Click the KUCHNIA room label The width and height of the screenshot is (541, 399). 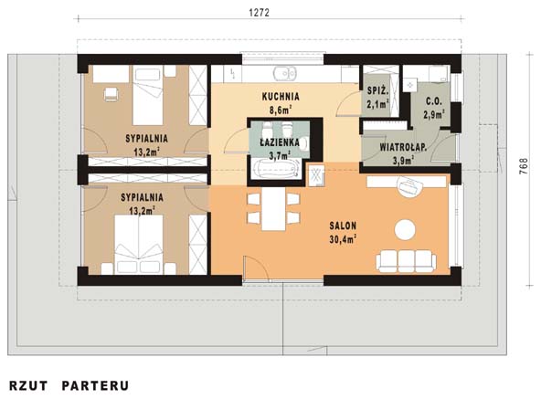point(281,97)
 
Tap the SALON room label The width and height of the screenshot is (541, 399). point(343,226)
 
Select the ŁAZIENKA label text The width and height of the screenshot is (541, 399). point(280,142)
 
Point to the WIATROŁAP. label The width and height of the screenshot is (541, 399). point(403,147)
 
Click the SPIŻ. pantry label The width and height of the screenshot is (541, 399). point(378,91)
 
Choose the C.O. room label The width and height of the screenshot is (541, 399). point(434,101)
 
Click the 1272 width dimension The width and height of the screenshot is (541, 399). point(259,13)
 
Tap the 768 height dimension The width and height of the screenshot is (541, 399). point(524,166)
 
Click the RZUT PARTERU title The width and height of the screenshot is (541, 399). point(69,385)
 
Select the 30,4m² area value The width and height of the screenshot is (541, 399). point(343,239)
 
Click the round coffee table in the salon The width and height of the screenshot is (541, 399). point(405,229)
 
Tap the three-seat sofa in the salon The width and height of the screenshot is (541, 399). point(406,261)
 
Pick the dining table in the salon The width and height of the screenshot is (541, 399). point(273,209)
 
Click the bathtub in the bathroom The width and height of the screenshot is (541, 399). point(275,169)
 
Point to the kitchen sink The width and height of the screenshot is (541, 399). point(285,73)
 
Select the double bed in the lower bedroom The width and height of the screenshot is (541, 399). point(139,244)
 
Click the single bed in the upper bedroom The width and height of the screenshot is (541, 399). point(148,96)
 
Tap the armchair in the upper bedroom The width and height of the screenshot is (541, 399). point(111,94)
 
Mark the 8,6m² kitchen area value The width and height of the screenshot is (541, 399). point(281,110)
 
